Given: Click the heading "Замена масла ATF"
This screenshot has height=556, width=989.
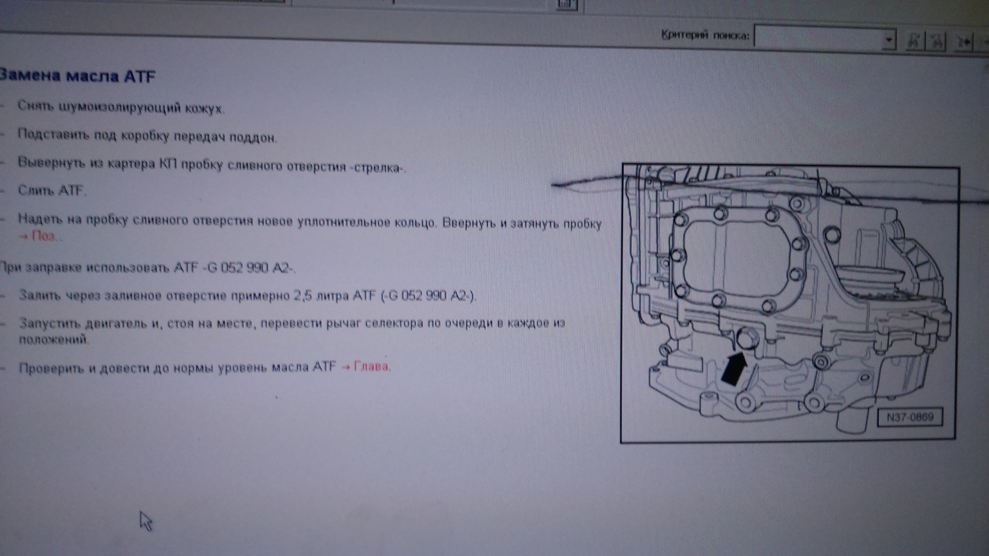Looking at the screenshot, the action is tap(77, 76).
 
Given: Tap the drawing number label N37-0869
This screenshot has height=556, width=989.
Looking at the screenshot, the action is tap(910, 417).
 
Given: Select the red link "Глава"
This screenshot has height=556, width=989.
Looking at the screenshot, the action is tap(366, 367).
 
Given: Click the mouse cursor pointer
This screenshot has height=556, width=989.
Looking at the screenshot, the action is tap(146, 521).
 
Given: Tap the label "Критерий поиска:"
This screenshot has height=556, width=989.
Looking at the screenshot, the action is tap(705, 35).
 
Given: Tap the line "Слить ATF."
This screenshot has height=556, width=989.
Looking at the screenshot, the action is tap(52, 191).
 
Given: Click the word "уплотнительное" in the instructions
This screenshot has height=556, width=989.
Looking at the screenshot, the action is tap(337, 222).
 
